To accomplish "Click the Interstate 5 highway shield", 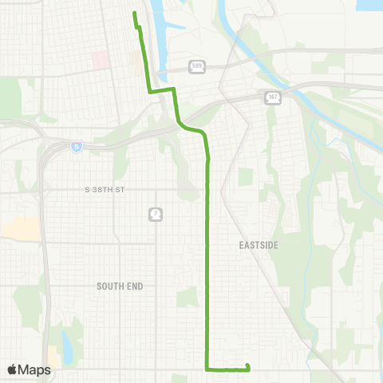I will tap(76, 146).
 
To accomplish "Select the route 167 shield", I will tap(272, 97).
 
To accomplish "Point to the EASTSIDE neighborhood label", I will tap(259, 246).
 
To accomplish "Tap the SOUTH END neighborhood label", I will tap(118, 286).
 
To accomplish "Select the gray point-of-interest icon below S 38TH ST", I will tap(154, 214).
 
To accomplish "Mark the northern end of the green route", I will tap(134, 14).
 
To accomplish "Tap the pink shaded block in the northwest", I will tap(101, 60).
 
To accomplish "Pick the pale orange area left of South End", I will tap(20, 228).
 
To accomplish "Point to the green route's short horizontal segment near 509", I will tap(161, 91).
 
